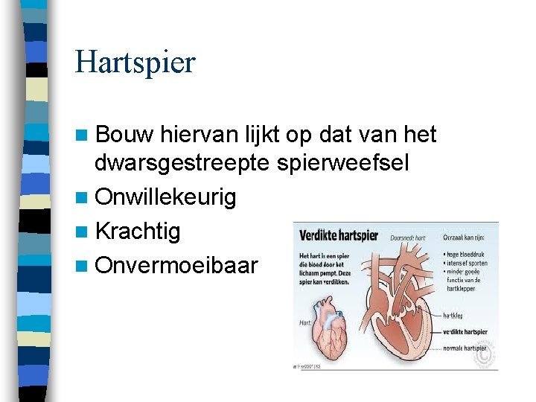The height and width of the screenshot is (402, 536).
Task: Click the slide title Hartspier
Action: pos(135,63)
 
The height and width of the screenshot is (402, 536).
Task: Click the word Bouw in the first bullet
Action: pos(124,135)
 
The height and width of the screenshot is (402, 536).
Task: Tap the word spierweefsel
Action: pos(342,163)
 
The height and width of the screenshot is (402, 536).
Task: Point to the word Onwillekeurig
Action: pos(166,197)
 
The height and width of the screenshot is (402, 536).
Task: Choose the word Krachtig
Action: pos(138,232)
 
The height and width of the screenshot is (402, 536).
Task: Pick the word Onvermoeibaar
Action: pos(176,266)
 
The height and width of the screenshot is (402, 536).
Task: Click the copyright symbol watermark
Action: pos(485,357)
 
